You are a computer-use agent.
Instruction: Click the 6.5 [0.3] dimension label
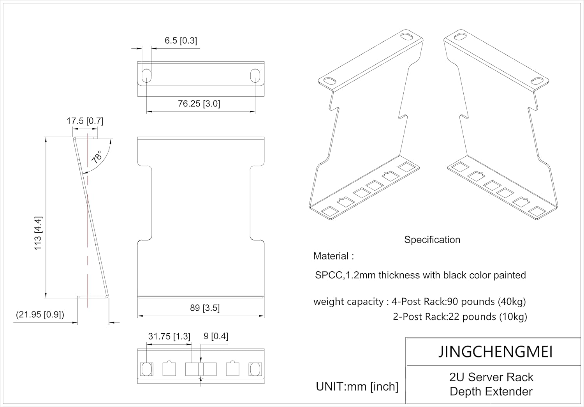click(181, 41)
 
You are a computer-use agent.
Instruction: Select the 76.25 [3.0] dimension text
click(199, 104)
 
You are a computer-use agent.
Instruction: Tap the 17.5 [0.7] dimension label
click(85, 121)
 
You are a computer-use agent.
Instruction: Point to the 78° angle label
click(97, 157)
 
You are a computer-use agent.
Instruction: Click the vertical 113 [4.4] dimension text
click(38, 233)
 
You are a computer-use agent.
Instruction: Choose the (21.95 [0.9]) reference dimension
click(40, 315)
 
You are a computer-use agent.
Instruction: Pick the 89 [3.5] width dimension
click(205, 308)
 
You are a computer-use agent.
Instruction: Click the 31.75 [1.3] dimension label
click(169, 336)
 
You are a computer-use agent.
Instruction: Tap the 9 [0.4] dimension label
click(216, 336)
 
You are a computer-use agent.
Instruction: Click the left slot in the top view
click(146, 76)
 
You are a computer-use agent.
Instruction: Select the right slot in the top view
click(255, 76)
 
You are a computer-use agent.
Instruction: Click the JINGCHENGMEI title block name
click(495, 352)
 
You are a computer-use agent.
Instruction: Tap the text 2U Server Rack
click(491, 377)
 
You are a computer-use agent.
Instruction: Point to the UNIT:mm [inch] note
click(357, 387)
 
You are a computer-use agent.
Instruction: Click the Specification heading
click(432, 240)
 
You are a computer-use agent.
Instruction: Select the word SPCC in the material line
click(329, 275)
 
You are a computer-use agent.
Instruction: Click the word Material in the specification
click(331, 256)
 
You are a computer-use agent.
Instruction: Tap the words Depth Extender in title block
click(491, 392)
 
